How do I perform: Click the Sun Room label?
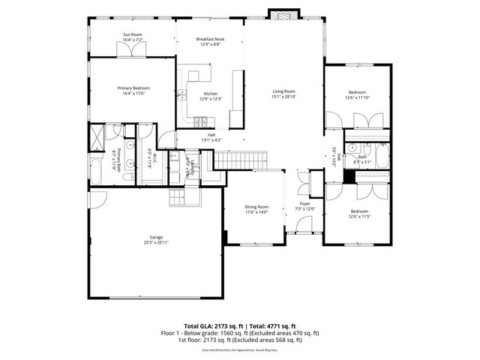[x=133, y=34]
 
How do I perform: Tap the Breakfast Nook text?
[x=210, y=39]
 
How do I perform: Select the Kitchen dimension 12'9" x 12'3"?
[x=210, y=99]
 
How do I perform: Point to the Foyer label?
[x=304, y=203]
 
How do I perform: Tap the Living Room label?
[x=284, y=91]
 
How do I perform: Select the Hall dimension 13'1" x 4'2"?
[x=211, y=140]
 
